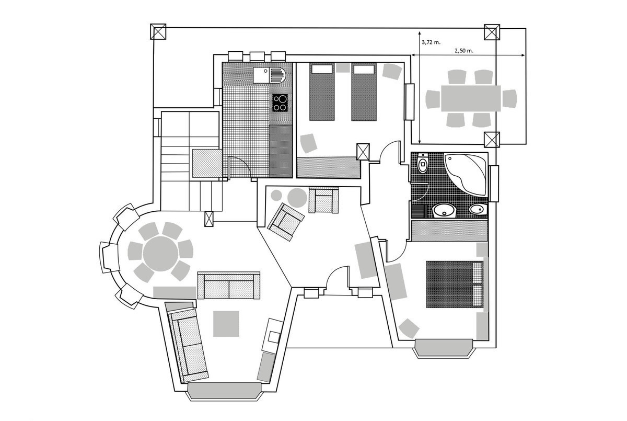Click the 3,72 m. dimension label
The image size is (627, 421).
click(431, 42)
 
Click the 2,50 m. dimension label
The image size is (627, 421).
click(464, 51)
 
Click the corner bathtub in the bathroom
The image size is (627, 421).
click(466, 174)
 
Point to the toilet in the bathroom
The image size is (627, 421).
click(423, 163)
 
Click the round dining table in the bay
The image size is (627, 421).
click(160, 254)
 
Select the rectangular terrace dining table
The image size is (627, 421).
click(471, 99)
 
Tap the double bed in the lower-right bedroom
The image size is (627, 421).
click(455, 285)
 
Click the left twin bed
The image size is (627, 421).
click(322, 92)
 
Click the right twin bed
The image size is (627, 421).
click(364, 92)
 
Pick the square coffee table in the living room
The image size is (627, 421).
click(226, 324)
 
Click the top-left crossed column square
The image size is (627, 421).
click(158, 32)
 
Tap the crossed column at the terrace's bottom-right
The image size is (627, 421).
click(492, 140)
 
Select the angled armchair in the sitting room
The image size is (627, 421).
click(285, 222)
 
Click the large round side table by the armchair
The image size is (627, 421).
click(297, 198)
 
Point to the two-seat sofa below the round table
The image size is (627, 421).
click(229, 286)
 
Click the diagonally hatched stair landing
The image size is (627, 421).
click(207, 163)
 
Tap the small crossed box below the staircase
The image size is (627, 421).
click(209, 219)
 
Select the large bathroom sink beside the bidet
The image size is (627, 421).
click(444, 210)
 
